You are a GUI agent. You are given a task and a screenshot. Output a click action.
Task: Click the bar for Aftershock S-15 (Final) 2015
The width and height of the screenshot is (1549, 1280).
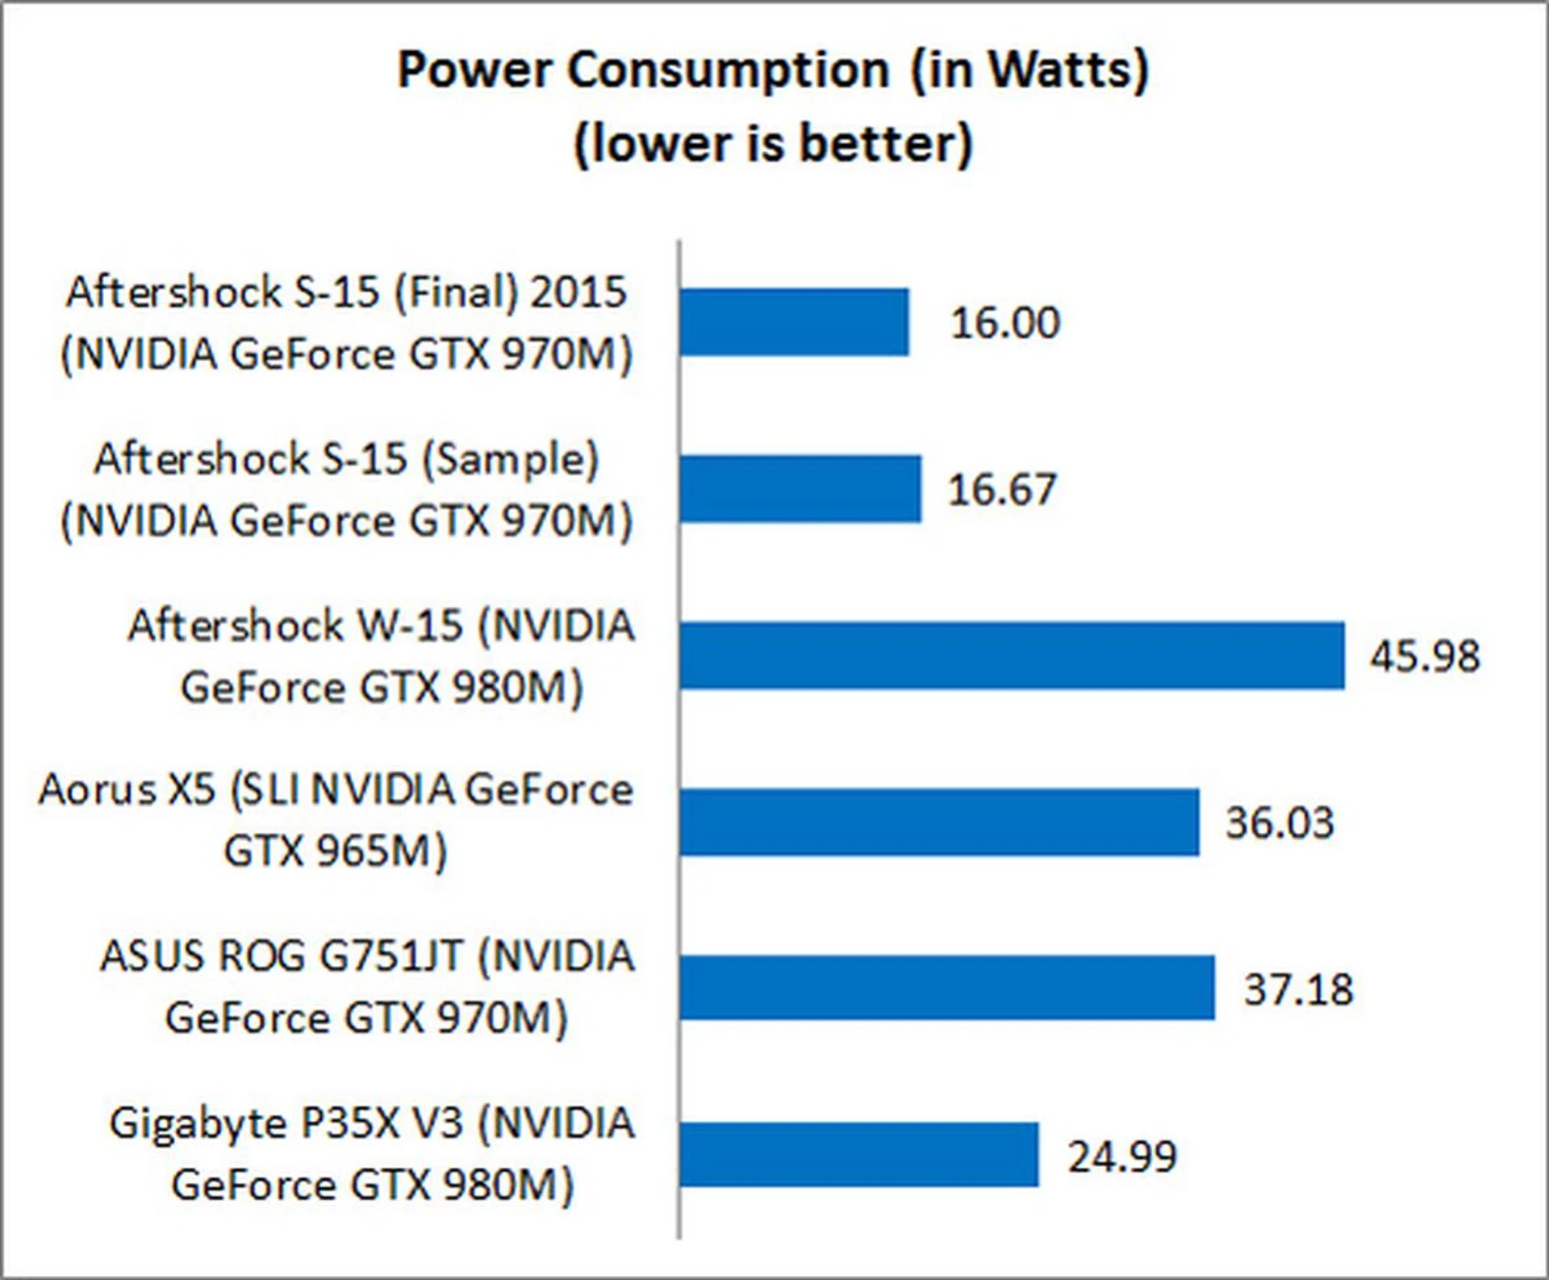tap(795, 322)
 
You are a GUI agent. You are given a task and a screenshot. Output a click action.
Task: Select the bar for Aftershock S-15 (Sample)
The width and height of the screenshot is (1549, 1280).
tap(800, 489)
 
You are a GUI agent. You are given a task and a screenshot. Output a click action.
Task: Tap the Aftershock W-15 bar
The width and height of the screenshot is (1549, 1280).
tap(1012, 655)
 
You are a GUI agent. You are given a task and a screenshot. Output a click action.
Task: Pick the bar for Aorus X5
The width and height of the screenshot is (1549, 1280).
tap(939, 822)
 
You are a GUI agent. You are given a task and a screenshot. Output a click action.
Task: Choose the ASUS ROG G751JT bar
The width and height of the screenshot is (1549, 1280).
tap(947, 988)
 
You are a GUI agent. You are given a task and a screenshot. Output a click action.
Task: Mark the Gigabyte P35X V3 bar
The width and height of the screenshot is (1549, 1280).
tap(859, 1154)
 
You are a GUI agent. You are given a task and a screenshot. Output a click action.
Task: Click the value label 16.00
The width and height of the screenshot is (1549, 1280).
tap(1005, 323)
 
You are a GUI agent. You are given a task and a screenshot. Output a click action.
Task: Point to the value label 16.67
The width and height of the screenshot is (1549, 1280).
tap(1002, 490)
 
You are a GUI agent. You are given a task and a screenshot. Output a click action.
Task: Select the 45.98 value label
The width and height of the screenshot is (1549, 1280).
tap(1425, 655)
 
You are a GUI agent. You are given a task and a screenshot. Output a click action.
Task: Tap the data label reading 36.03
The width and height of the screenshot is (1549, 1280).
tap(1280, 822)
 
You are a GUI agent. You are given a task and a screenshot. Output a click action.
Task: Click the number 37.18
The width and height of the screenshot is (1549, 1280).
tap(1298, 989)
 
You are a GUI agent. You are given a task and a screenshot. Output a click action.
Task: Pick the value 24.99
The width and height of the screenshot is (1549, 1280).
tap(1122, 1156)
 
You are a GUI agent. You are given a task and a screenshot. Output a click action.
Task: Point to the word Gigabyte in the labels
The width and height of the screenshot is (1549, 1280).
tap(198, 1124)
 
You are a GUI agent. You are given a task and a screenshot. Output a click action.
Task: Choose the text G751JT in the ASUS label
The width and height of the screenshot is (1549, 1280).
tap(391, 956)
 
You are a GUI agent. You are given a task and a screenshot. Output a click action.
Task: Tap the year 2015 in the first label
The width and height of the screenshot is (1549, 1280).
tap(578, 291)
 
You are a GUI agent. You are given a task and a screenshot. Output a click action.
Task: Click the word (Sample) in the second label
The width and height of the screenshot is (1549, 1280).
tap(511, 459)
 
